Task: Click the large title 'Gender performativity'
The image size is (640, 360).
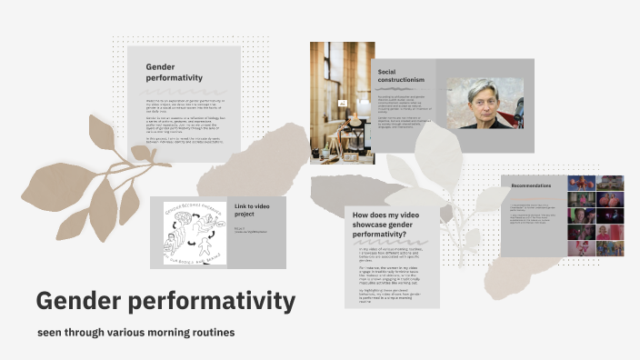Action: click(165, 301)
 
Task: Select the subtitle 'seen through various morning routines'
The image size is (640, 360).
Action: click(135, 333)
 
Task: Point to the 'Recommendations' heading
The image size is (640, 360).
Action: click(532, 185)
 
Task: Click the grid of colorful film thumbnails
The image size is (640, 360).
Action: click(595, 215)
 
